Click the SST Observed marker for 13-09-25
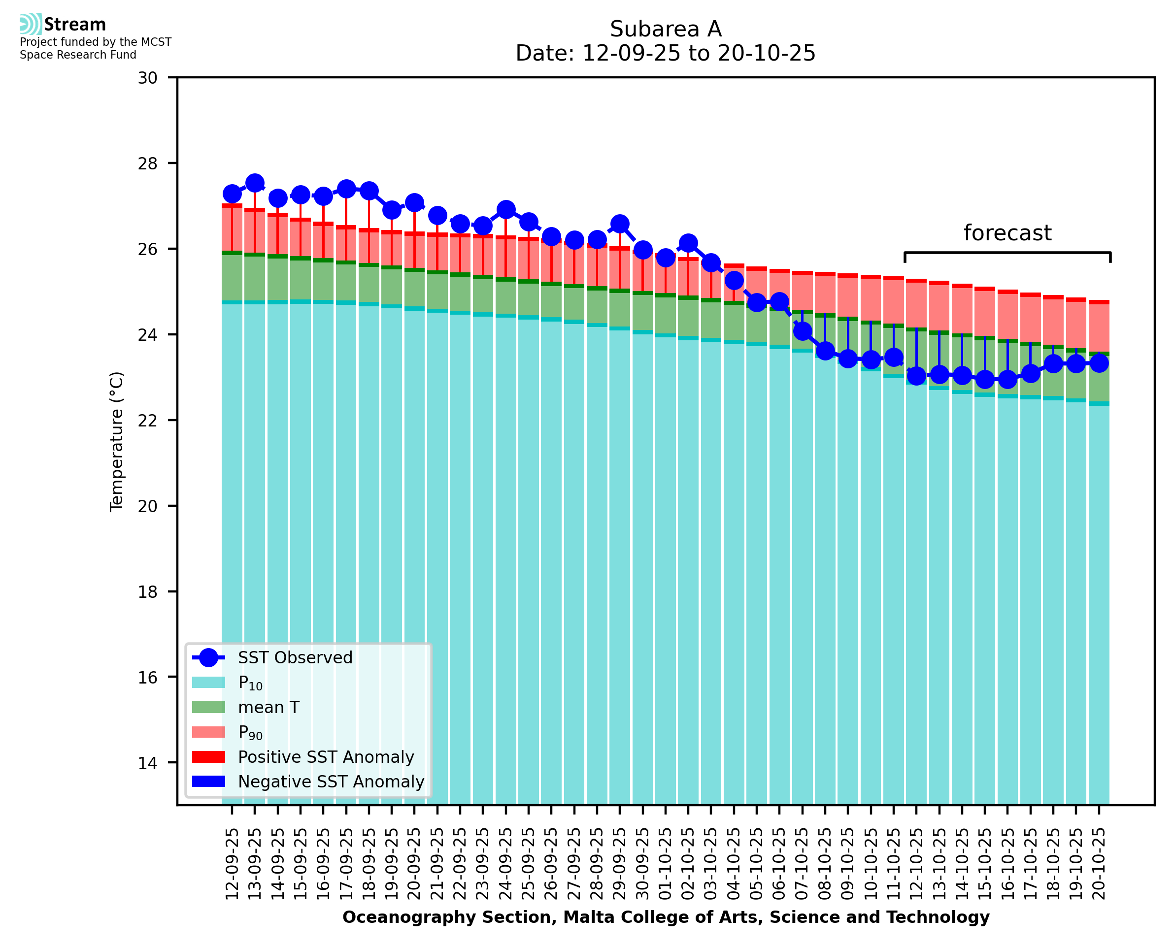click(255, 183)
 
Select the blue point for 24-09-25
click(506, 209)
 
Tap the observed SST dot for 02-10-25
click(688, 243)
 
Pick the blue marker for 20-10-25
click(1099, 363)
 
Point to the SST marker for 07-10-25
click(802, 331)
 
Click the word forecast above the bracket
click(1007, 233)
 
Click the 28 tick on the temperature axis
click(147, 163)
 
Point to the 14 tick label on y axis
click(147, 763)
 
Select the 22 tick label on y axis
click(147, 420)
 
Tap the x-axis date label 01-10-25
click(666, 864)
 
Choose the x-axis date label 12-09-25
click(232, 864)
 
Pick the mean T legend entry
click(268, 707)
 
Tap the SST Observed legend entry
click(295, 658)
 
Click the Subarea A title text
click(666, 29)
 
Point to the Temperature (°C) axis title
click(117, 441)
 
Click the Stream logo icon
click(31, 24)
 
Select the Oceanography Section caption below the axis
click(666, 917)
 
